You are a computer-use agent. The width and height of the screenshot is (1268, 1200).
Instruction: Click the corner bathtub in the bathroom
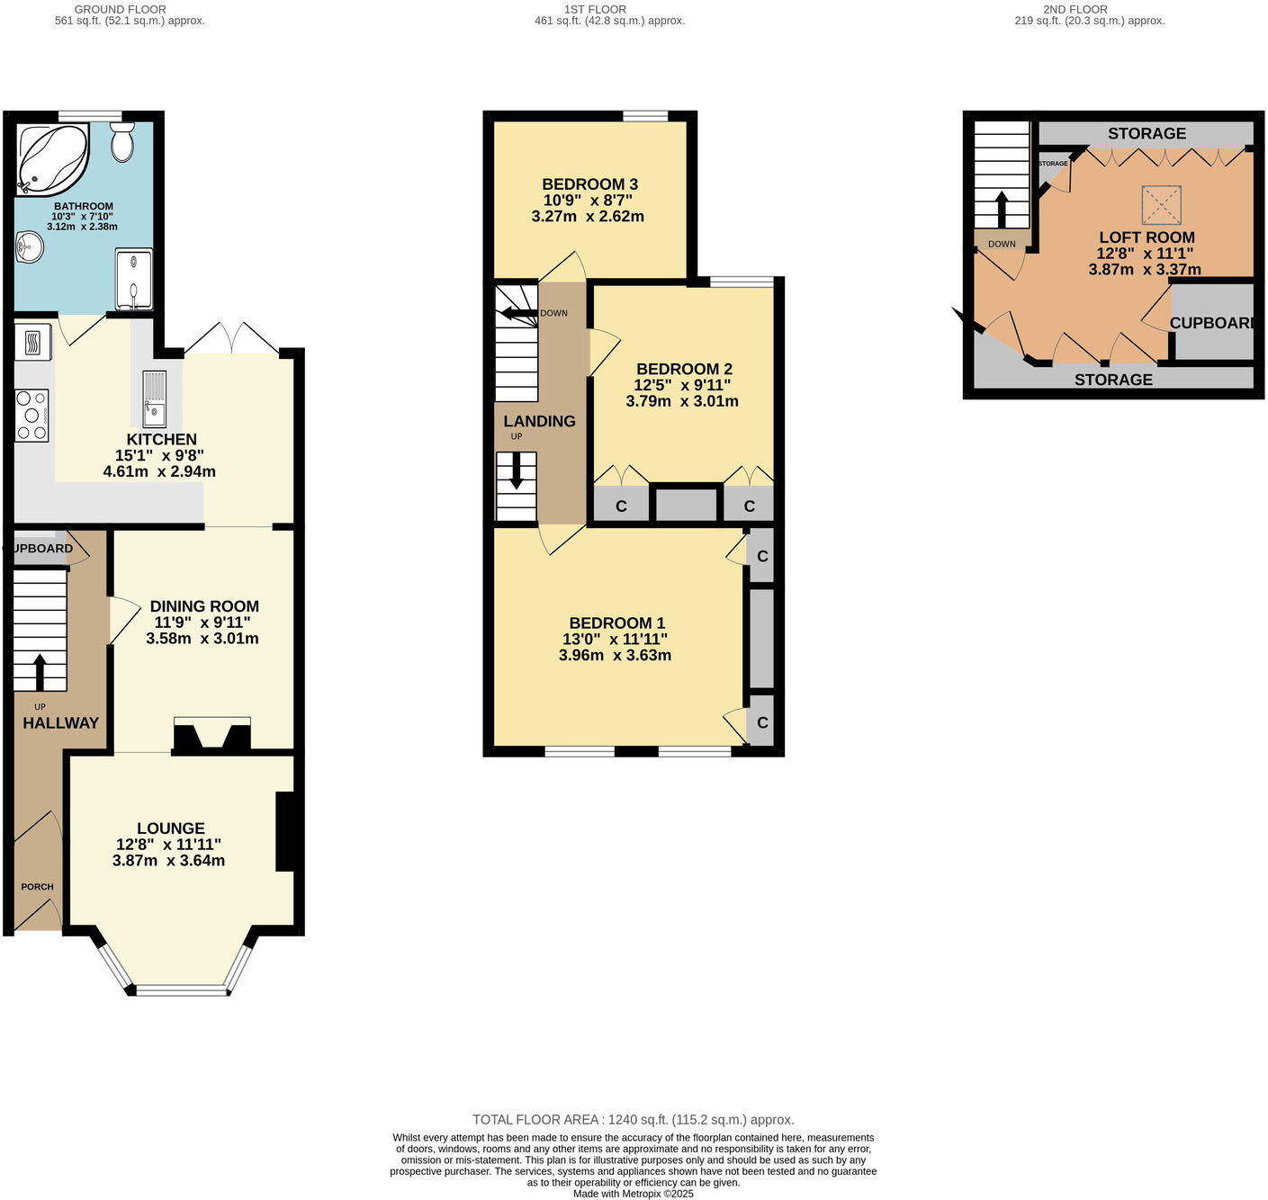point(52,158)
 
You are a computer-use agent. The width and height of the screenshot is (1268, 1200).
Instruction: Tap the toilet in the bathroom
point(122,142)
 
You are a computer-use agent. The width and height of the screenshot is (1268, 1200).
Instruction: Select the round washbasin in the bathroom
point(29,247)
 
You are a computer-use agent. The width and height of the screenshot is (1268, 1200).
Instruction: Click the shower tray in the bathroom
point(133,279)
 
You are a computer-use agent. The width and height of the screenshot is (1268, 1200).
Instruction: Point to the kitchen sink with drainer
point(154,399)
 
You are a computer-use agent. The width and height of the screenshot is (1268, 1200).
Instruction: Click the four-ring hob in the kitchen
point(31,415)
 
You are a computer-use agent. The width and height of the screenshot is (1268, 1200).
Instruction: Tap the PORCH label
point(38,887)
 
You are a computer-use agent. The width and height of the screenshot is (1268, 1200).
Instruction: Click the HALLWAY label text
point(60,723)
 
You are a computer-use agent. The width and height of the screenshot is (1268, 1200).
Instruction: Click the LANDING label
point(539,421)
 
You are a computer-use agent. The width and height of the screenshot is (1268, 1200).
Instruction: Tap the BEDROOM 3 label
point(589,184)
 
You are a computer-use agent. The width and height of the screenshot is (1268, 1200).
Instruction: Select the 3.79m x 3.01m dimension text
point(682,401)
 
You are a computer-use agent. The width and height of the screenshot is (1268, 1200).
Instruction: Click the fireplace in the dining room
point(212,736)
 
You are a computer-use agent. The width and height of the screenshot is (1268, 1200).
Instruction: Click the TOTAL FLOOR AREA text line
point(633,1120)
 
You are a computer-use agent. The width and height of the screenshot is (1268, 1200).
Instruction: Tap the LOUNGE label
point(170,828)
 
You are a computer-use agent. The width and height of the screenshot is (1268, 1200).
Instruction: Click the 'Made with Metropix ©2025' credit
point(633,1194)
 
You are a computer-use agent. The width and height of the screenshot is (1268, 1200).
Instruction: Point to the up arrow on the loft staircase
point(1001,209)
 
